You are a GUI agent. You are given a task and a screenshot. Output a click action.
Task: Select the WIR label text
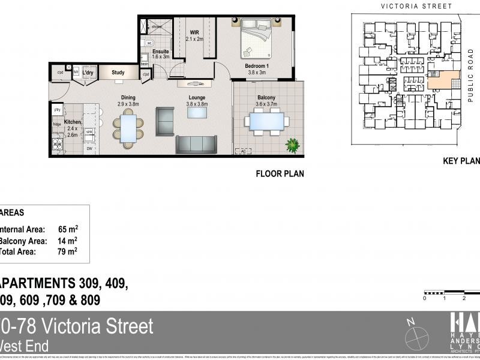(194, 32)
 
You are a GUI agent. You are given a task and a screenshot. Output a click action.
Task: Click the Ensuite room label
(160, 52)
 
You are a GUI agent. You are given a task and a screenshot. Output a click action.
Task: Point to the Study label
(118, 73)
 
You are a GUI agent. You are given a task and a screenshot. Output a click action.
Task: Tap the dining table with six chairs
(128, 127)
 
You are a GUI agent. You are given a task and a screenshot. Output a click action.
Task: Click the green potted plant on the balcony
(293, 145)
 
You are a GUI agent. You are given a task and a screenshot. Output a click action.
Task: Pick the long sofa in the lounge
(196, 144)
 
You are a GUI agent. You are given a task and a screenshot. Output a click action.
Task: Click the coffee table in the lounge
(197, 112)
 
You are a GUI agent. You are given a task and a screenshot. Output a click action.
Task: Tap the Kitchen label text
(72, 122)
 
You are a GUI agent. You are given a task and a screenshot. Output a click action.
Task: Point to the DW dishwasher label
(89, 148)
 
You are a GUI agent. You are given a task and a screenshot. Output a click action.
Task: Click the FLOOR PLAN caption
(280, 174)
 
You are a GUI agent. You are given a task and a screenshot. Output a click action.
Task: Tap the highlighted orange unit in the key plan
(443, 82)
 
